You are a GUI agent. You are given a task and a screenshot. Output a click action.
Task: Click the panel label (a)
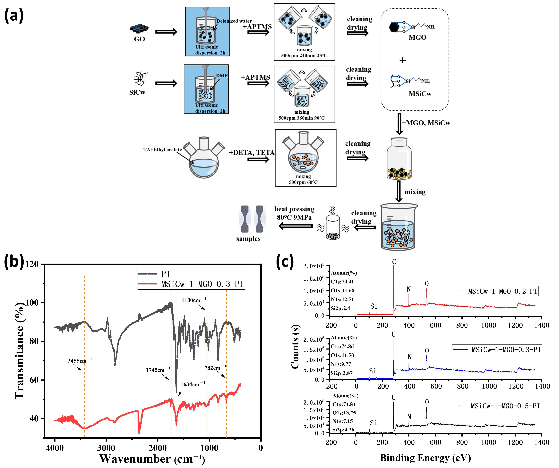pos(14,15)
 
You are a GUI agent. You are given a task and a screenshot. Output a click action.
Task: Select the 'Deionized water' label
pos(234,21)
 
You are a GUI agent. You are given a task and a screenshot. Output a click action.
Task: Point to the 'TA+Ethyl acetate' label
pos(162,150)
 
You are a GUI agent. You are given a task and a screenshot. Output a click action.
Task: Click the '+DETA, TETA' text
pos(251,153)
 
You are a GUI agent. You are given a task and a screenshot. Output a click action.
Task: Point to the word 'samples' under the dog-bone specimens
pos(248,239)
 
